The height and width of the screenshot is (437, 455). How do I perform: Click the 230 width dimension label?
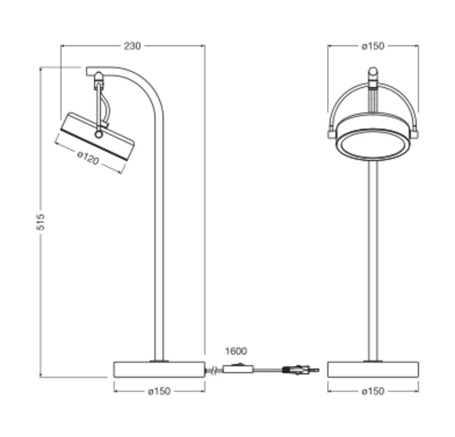pyautogui.click(x=132, y=46)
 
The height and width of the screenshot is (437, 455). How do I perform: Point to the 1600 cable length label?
pyautogui.click(x=236, y=351)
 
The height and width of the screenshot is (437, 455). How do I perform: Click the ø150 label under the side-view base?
pyautogui.click(x=159, y=391)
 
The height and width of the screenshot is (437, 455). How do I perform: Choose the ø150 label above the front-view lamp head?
pyautogui.click(x=373, y=46)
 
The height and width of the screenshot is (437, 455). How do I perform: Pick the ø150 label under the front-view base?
pyautogui.click(x=373, y=391)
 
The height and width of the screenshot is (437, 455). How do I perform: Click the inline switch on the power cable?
pyautogui.click(x=238, y=369)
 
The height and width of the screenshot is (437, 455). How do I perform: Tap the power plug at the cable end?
pyautogui.click(x=301, y=370)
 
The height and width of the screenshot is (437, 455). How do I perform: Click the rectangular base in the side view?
pyautogui.click(x=159, y=369)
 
